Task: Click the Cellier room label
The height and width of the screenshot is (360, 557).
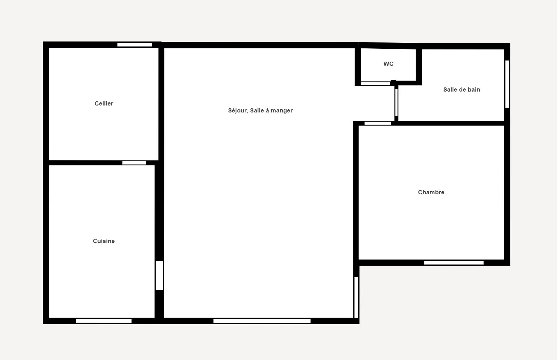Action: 104,103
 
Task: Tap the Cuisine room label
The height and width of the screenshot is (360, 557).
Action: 104,241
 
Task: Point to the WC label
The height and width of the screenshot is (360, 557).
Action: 389,64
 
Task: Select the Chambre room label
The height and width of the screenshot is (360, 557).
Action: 431,192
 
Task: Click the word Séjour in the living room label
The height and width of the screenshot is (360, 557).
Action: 238,111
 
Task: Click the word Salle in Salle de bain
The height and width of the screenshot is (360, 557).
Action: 450,89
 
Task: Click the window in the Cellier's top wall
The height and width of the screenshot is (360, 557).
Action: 135,45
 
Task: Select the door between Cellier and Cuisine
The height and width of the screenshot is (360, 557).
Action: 134,163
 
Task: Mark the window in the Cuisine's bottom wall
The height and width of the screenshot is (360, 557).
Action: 104,321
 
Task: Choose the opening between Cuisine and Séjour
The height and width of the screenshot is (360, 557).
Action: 159,275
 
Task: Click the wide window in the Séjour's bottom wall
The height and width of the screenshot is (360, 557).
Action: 262,321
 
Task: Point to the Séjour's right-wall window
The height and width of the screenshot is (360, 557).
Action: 356,297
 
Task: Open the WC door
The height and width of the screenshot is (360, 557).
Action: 376,84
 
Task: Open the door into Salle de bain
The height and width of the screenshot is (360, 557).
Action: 397,102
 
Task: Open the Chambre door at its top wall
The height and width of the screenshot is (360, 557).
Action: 378,123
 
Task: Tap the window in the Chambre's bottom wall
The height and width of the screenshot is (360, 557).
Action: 454,263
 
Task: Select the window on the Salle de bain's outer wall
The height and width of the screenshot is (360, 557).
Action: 507,84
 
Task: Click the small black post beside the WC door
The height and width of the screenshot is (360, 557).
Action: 393,83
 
